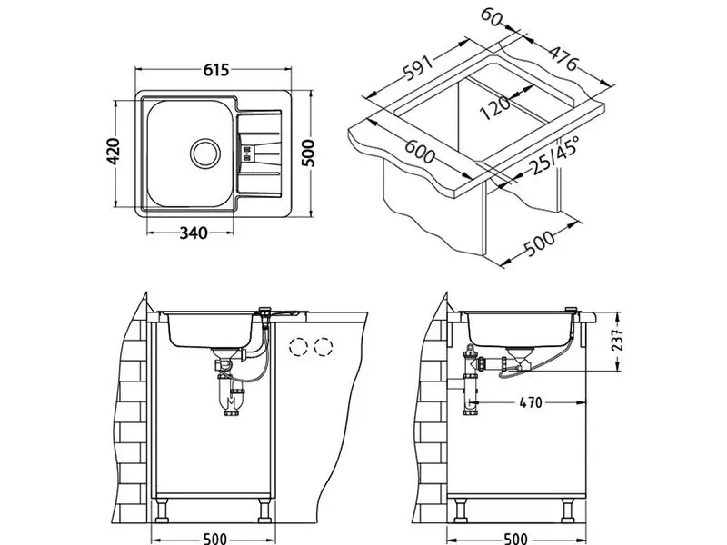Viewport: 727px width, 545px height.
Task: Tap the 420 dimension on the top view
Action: pos(114,154)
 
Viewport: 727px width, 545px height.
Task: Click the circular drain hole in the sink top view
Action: pos(204,152)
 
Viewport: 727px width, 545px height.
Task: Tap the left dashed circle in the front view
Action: pos(297,346)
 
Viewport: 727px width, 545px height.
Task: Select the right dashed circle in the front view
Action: pos(324,346)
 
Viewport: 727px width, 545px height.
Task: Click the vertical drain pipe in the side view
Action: pos(471,386)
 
